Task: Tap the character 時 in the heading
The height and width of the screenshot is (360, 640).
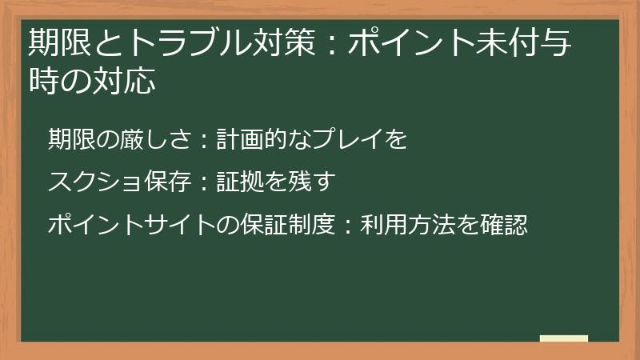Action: point(41,82)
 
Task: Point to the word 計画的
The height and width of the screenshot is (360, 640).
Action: point(250,139)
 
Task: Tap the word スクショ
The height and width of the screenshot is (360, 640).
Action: point(94,182)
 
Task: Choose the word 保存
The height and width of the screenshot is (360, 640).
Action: point(166,182)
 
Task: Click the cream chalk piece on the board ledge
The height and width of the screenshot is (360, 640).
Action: point(564,338)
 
